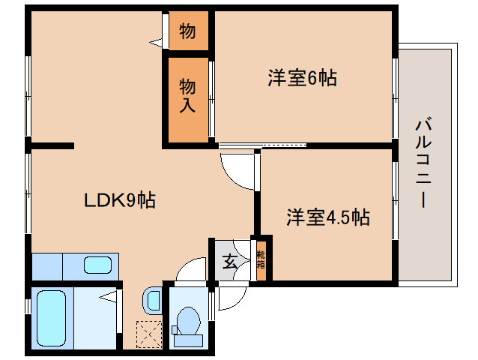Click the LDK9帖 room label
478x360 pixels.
(119, 200)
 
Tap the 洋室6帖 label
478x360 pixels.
(302, 77)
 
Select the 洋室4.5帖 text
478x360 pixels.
(327, 217)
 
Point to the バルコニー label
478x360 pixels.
(423, 163)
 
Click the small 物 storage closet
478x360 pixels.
(187, 31)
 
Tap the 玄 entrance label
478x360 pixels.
(229, 262)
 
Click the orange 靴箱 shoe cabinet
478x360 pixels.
(261, 259)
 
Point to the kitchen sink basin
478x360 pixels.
(97, 265)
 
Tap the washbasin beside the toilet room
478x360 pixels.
(153, 300)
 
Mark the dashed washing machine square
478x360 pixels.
(148, 333)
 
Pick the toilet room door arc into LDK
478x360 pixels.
(193, 270)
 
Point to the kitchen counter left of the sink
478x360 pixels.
(47, 265)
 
